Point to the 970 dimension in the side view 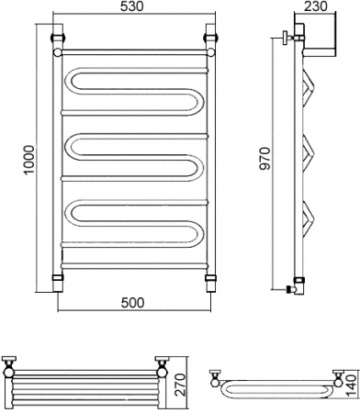point(265,162)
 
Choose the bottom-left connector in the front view point(58,276)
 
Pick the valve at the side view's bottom point(294,284)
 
